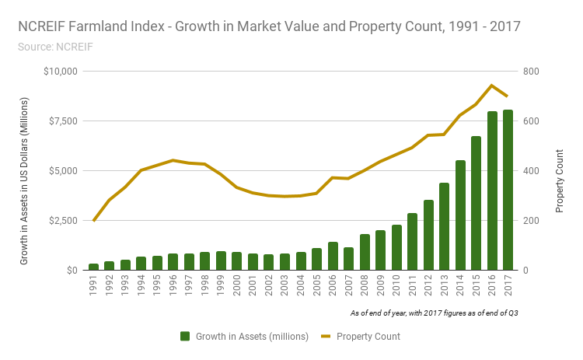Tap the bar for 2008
(x=365, y=252)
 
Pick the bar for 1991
(x=93, y=267)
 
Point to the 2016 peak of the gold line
(x=491, y=86)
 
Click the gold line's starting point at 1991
(x=93, y=221)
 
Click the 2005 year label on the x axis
(x=316, y=287)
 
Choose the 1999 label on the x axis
(x=221, y=287)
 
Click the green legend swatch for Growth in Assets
(x=185, y=336)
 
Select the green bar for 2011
(x=412, y=242)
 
